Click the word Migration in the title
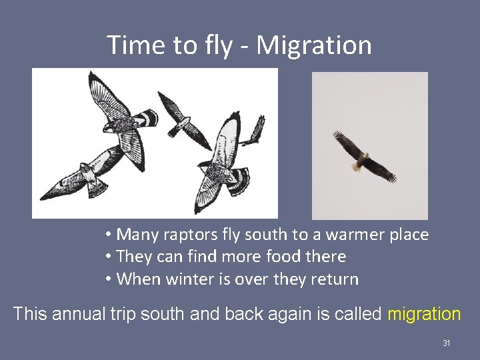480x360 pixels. point(314,45)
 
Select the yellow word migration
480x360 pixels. point(424,313)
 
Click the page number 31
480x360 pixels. point(447,343)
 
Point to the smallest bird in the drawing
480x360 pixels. point(253,132)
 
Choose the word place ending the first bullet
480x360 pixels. point(408,235)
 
